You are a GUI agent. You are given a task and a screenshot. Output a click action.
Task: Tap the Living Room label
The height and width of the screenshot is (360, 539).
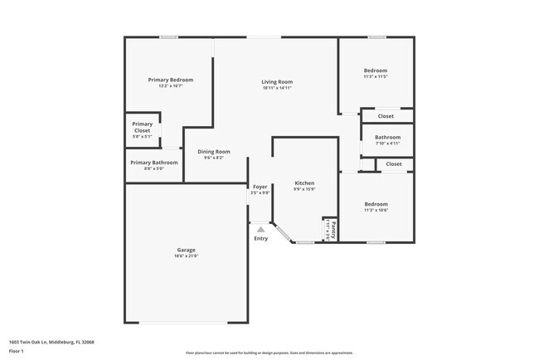click(277, 81)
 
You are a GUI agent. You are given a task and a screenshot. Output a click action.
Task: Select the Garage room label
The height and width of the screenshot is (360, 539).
click(186, 250)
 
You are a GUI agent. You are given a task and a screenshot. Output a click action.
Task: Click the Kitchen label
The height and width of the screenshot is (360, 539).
click(304, 182)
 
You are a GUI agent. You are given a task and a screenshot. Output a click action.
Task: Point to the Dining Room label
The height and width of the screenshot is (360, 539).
click(213, 152)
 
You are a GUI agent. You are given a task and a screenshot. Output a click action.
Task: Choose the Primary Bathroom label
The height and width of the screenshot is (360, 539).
click(153, 163)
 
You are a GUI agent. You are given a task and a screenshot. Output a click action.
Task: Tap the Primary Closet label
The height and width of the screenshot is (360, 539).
click(143, 127)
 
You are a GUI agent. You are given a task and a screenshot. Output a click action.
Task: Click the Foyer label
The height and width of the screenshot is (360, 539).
click(260, 187)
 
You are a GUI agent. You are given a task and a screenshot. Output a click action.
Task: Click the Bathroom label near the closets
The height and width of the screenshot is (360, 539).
click(387, 137)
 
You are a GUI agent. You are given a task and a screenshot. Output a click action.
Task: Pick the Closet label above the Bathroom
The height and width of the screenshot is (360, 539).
click(386, 116)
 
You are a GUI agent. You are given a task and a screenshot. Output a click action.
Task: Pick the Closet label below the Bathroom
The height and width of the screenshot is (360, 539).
click(393, 164)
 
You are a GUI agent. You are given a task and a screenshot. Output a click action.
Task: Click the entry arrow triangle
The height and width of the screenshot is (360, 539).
click(260, 229)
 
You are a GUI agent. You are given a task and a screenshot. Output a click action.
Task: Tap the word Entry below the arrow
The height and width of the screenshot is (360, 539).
click(260, 239)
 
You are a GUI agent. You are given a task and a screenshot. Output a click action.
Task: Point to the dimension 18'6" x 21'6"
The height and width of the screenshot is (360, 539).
click(186, 256)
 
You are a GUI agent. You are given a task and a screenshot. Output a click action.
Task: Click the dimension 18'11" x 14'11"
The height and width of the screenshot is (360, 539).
click(277, 88)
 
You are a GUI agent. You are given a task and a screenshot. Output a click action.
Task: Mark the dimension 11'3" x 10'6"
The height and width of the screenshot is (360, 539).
click(376, 210)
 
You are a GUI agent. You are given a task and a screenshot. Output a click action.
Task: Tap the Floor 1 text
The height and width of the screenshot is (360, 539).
click(17, 351)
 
